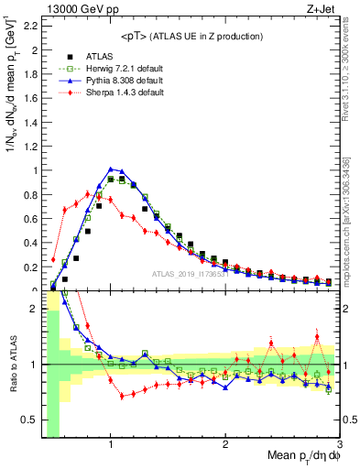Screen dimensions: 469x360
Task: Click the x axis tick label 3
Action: coord(339,446)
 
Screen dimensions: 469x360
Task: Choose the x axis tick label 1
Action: coord(111,446)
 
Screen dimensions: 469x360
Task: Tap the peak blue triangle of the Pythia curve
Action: coord(111,169)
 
